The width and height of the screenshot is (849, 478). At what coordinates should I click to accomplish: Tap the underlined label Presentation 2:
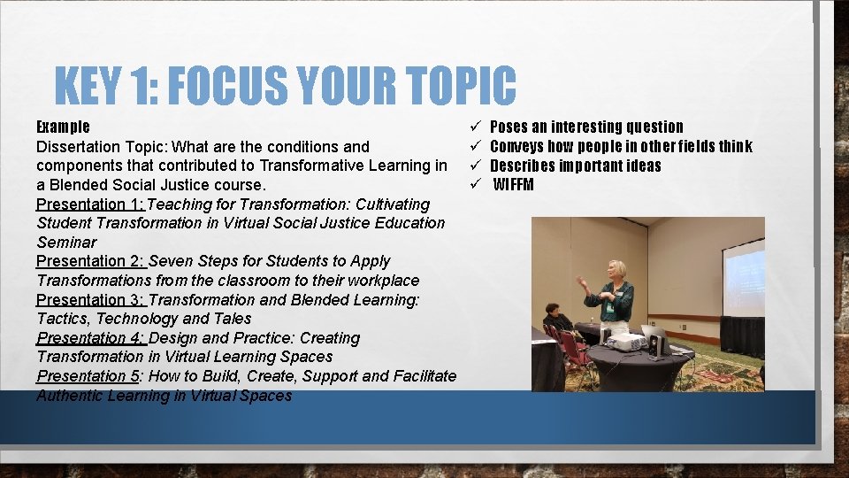pos(91,261)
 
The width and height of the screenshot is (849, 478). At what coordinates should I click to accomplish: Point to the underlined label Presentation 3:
pos(91,300)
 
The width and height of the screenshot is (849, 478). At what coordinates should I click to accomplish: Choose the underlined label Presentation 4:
pos(91,338)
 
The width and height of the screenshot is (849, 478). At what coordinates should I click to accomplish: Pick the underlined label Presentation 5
pos(88,376)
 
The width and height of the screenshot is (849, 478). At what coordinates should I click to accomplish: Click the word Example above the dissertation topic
pos(63,127)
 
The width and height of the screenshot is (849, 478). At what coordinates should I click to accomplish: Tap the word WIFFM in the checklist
pos(514,185)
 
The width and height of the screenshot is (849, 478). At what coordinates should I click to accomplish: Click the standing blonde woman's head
pos(616,269)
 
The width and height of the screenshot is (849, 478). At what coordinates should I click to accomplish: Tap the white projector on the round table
pos(626,342)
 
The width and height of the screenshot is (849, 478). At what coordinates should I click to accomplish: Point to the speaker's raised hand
pos(581,281)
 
